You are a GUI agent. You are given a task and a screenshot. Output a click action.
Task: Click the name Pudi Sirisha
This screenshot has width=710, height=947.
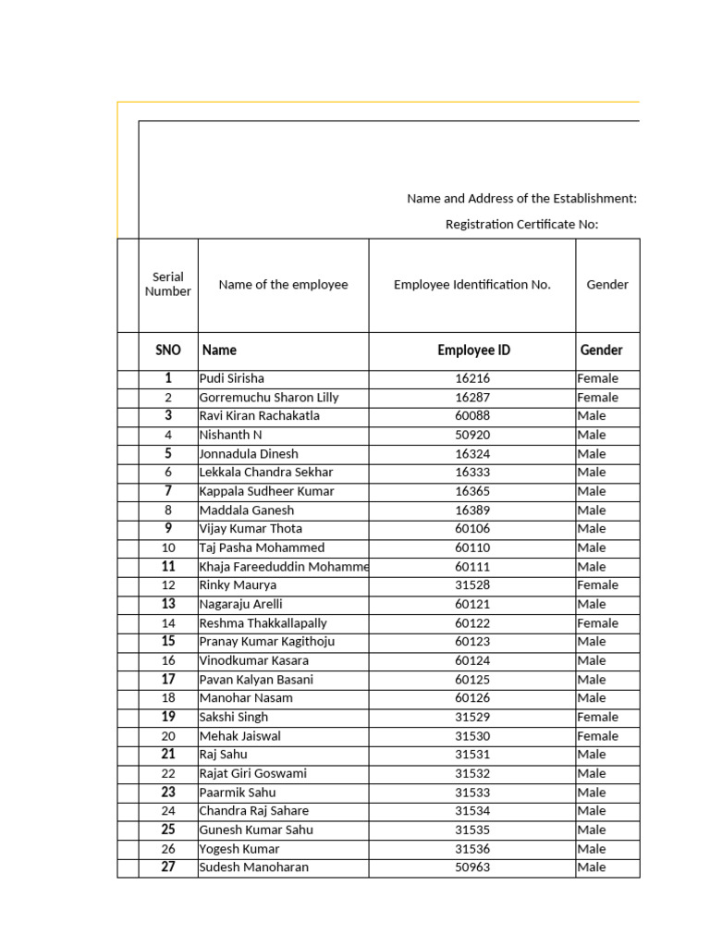[x=231, y=378]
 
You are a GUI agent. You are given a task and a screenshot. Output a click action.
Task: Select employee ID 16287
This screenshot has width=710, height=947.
[x=472, y=398]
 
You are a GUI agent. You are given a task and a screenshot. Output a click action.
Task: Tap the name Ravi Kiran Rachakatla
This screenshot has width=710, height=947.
[x=259, y=416]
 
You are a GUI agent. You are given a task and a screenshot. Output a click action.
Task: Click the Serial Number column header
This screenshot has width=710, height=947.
[x=168, y=284]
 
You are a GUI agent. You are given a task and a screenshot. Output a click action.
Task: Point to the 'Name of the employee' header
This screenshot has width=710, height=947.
[x=283, y=285]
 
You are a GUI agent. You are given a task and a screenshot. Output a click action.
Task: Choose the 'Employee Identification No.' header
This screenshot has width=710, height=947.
[x=471, y=285]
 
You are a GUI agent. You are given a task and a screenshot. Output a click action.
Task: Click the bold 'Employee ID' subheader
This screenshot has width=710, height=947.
[x=473, y=351]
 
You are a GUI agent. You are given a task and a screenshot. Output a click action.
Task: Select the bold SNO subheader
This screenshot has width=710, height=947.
[x=168, y=351]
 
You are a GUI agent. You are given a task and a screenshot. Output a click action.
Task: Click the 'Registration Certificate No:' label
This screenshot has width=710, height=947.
[x=521, y=225]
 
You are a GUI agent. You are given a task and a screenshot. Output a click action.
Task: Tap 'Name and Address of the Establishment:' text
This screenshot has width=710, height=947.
[x=521, y=199]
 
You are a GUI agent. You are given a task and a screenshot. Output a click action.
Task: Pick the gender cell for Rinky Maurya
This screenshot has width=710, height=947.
[x=597, y=585]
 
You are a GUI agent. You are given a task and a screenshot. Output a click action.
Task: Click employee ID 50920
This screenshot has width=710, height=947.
[x=472, y=435]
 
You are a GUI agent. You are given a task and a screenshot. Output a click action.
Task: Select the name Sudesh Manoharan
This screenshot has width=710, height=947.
[x=253, y=867]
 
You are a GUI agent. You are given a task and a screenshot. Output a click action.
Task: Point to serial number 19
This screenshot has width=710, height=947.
[x=168, y=717]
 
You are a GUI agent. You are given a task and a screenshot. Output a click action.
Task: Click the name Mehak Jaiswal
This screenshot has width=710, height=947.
[x=239, y=736]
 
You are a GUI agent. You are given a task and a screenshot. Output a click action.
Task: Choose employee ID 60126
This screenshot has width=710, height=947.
[x=472, y=698]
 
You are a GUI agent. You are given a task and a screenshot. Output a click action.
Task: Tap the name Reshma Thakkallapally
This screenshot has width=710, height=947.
[x=263, y=623]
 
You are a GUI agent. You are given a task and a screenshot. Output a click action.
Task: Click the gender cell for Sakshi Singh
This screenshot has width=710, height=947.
[x=597, y=717]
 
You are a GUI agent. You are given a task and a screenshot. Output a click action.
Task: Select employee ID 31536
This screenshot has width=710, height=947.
[x=472, y=849]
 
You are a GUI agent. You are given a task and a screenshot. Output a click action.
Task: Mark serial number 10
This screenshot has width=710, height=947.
[x=168, y=547]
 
